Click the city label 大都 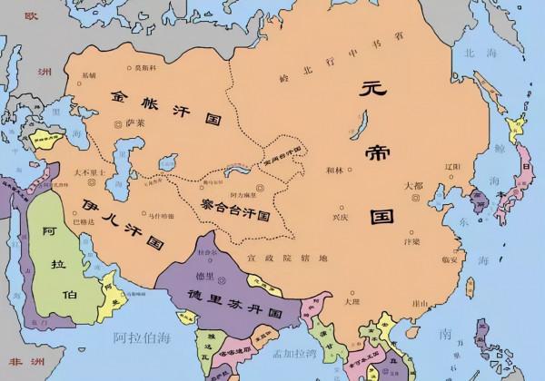(413, 186)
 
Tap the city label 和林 (336, 170)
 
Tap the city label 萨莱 (136, 120)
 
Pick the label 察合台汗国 (234, 210)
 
